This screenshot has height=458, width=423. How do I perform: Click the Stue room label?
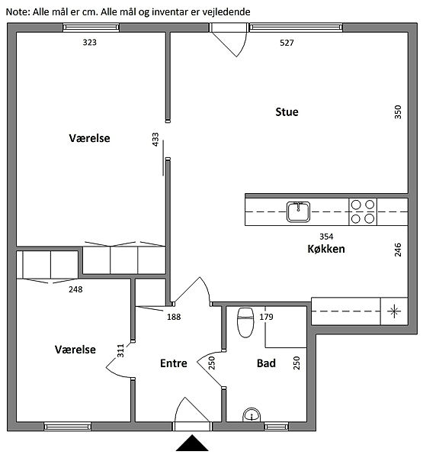[287, 112]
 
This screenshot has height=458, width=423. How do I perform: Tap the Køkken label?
[326, 249]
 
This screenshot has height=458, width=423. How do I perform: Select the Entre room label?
[174, 363]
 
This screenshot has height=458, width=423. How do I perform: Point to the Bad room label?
[266, 363]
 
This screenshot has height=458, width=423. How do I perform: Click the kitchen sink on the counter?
[298, 211]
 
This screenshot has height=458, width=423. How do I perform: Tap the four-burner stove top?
[363, 211]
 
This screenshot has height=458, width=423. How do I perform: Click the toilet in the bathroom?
[245, 322]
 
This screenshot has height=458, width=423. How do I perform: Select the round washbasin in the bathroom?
[252, 414]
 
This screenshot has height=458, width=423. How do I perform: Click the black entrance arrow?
[192, 443]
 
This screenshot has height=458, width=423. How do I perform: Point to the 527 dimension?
[287, 43]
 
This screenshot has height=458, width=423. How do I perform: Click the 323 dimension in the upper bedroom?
[90, 42]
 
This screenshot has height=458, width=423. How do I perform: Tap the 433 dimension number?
[155, 140]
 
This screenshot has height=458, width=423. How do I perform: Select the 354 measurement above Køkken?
[326, 237]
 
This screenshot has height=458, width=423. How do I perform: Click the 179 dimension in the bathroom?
[266, 317]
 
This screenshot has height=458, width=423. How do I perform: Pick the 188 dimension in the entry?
[174, 317]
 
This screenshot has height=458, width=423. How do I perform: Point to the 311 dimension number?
[120, 350]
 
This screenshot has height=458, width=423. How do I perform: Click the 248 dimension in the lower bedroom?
[75, 289]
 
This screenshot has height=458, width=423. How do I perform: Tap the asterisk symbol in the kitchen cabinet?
[394, 311]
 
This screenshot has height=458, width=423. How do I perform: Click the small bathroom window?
[276, 427]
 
